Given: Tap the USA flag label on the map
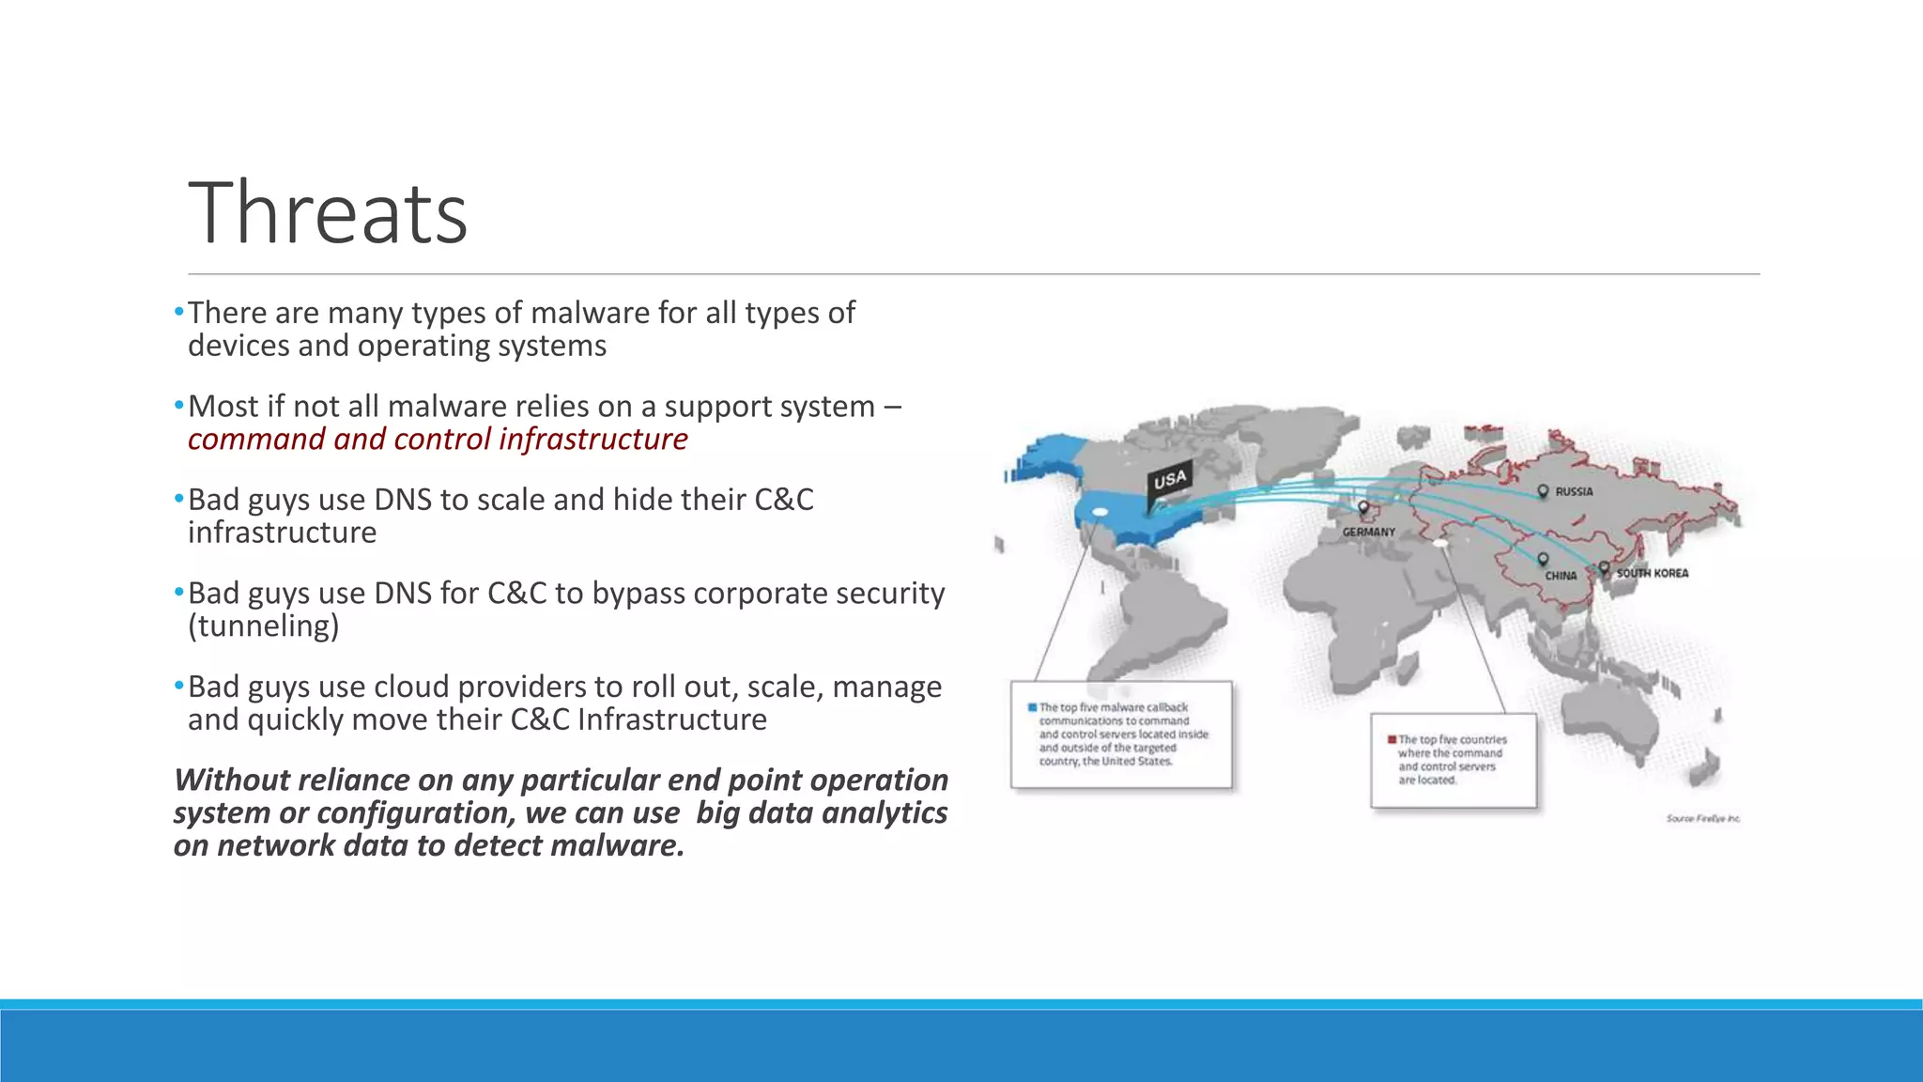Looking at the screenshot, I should click(1170, 480).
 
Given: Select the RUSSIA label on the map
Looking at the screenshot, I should click(1574, 491).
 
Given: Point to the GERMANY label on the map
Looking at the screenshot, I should click(1368, 532).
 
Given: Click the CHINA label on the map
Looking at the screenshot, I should click(1561, 576).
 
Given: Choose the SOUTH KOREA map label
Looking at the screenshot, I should click(1652, 573).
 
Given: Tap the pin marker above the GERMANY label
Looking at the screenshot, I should click(1363, 508).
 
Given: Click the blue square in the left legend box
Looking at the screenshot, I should click(1032, 707).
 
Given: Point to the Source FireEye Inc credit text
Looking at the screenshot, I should click(1702, 819).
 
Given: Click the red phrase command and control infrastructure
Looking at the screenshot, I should click(438, 440).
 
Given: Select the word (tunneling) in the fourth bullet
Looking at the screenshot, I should click(263, 626).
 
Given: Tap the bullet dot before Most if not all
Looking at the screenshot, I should click(179, 406).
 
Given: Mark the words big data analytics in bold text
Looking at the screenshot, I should click(821, 813).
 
